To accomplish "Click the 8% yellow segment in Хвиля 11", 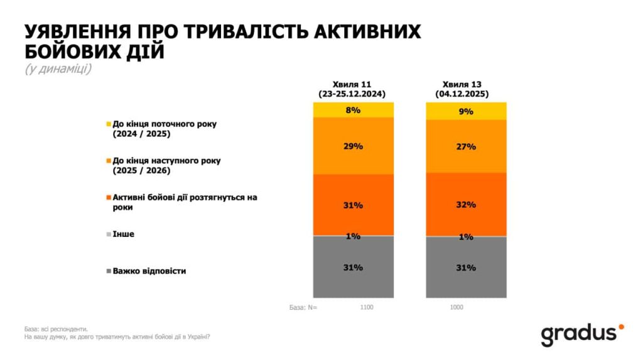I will tap(353, 110).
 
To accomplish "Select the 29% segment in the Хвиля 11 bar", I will tap(353, 146).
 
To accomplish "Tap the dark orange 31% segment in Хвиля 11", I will tap(353, 205).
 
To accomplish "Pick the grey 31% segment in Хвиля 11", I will tap(353, 267).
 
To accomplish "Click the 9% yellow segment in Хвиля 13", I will tap(466, 111).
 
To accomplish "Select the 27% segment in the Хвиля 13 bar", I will tap(466, 146).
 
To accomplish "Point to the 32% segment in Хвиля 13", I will tap(466, 205).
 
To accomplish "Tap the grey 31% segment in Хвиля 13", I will tap(466, 268).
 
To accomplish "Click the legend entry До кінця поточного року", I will tap(164, 129).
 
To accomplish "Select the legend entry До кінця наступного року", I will tap(166, 165).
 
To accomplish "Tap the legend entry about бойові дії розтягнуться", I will tap(185, 202).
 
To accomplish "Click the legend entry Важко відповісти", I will tap(149, 271).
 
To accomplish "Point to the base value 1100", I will tap(367, 308).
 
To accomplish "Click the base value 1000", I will tap(458, 308).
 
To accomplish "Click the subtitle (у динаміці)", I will tap(58, 68).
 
